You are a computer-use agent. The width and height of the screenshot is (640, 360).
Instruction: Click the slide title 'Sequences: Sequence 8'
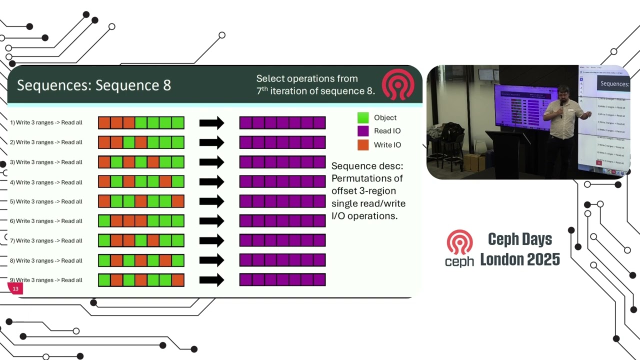point(94,85)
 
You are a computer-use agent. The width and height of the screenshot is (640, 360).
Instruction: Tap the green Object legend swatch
point(363,118)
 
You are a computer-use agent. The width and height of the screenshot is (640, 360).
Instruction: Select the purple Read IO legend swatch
point(363,131)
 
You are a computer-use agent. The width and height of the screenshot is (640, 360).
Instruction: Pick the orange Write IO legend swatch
point(363,145)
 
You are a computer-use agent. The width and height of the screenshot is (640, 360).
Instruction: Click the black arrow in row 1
point(211,123)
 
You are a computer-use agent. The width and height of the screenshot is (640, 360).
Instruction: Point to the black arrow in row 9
point(211,280)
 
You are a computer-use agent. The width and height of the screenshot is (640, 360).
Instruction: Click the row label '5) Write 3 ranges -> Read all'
point(46,201)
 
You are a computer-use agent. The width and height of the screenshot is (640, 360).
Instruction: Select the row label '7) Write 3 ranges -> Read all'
point(46,241)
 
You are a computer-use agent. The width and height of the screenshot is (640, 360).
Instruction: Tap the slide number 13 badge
point(15,289)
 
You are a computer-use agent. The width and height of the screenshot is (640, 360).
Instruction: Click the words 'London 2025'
point(520,259)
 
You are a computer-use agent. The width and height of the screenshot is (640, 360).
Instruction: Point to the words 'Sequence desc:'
point(367,166)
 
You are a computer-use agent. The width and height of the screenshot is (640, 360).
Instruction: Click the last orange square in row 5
point(178,201)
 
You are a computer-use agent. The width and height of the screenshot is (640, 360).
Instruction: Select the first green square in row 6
point(104,221)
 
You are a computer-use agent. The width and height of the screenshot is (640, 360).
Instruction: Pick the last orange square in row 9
point(178,280)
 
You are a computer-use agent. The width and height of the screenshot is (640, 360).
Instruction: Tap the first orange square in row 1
point(104,123)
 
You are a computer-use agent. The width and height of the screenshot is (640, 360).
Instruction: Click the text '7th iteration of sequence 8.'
point(315,91)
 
